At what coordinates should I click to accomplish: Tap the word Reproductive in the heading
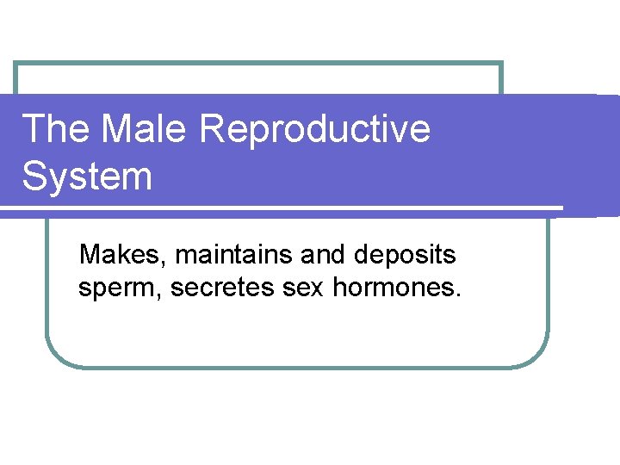click(x=314, y=129)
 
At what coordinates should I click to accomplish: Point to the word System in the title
click(x=87, y=177)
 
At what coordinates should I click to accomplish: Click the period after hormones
click(x=458, y=294)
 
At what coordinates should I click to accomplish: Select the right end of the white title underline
click(x=561, y=208)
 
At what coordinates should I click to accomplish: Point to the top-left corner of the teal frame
click(x=15, y=63)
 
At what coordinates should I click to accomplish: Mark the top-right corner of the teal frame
click(x=501, y=63)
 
